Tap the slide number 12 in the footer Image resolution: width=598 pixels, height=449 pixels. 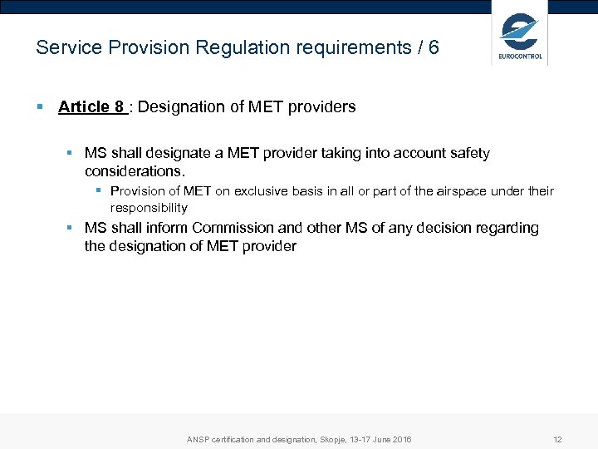pyautogui.click(x=557, y=439)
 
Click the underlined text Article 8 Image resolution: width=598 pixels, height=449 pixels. pyautogui.click(x=91, y=106)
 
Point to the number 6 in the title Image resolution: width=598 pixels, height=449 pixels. pyautogui.click(x=433, y=47)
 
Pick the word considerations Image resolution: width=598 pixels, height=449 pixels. pyautogui.click(x=135, y=171)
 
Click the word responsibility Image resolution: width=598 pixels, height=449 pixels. pyautogui.click(x=149, y=208)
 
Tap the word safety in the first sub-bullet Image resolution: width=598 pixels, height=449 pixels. pyautogui.click(x=469, y=153)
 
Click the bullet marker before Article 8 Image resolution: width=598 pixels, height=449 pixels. pyautogui.click(x=40, y=106)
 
